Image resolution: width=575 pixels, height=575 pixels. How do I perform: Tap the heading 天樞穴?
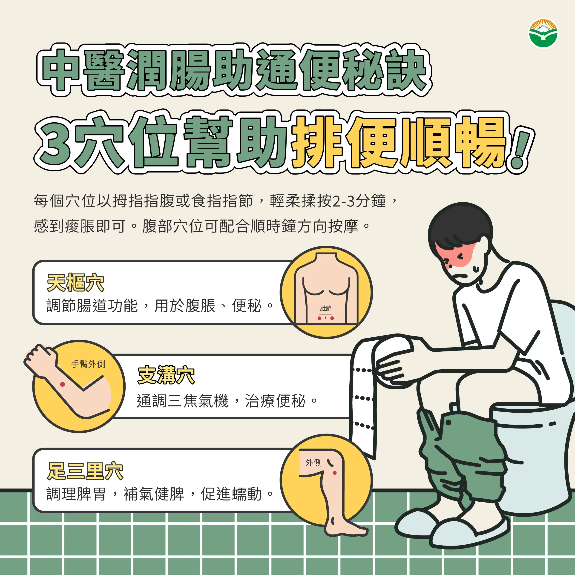(76, 282)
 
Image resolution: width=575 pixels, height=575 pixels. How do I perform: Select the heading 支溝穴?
(166, 375)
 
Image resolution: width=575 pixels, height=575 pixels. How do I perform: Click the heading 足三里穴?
(85, 471)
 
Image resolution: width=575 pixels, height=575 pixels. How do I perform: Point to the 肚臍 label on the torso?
(326, 308)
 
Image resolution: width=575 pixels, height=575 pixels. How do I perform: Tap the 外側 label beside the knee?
(313, 463)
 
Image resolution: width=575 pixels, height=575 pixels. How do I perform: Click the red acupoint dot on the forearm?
(63, 384)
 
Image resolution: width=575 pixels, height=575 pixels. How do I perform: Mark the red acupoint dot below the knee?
(334, 473)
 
